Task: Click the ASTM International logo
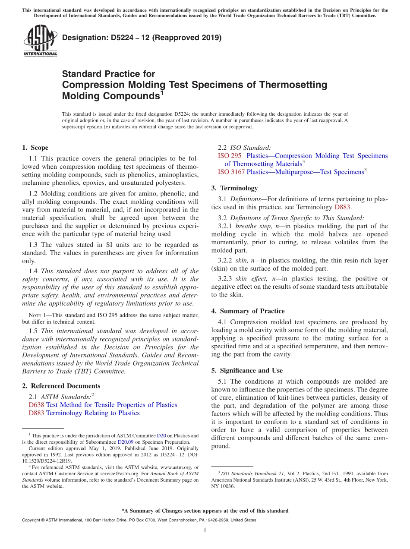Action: click(40, 41)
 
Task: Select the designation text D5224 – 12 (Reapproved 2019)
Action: click(142, 38)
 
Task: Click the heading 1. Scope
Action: click(35, 148)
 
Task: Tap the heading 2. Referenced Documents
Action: click(61, 386)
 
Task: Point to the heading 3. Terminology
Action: click(234, 188)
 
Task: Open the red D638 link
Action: click(36, 405)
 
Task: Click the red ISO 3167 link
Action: click(231, 172)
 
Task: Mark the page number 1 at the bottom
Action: click(205, 530)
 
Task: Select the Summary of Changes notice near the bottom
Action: click(205, 511)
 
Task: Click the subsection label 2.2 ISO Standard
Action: click(244, 148)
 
